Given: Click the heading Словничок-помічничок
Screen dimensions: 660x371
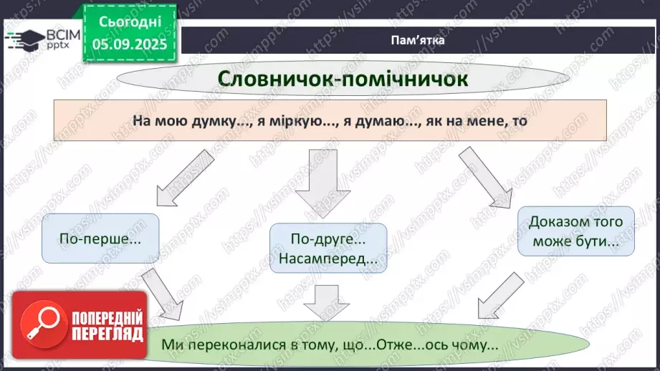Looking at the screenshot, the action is point(343,79).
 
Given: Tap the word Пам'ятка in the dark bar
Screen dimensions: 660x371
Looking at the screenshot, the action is point(418,40).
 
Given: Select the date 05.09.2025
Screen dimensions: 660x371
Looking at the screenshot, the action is point(130,44).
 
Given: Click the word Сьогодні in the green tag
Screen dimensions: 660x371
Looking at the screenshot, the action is point(130,22).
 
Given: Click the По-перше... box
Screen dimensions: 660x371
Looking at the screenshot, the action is point(100,238).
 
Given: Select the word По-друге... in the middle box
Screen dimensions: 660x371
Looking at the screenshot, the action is point(328,239).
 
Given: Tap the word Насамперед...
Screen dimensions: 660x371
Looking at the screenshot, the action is point(327,259).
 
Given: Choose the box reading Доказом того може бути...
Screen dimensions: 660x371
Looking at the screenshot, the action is point(575,231).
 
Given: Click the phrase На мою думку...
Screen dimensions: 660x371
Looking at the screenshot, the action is point(184,121).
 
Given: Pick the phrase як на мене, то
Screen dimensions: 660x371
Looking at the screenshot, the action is point(477,121).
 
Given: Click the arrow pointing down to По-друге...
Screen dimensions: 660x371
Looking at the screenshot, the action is point(323,183).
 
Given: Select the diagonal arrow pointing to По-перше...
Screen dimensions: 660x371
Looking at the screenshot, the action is point(185,178).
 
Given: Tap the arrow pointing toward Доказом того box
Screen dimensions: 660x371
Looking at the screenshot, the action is point(486,178).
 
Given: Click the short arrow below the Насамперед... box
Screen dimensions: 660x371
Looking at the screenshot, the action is point(326,302).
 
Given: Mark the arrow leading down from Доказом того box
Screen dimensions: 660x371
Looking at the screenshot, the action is point(501,295).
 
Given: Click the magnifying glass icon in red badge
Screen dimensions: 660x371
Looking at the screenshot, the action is point(44,324).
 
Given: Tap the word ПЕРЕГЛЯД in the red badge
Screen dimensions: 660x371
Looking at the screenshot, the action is point(107,334).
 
